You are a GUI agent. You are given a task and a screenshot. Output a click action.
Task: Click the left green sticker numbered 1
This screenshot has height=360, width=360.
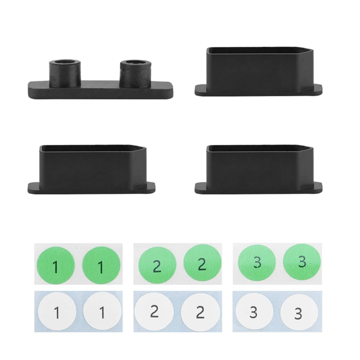56,265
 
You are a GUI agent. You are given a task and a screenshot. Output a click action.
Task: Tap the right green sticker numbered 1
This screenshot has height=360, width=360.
101,265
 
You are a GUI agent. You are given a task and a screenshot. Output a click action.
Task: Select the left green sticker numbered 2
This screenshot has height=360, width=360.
157,265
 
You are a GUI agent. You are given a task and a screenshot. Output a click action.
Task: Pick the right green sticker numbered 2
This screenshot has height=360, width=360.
202,263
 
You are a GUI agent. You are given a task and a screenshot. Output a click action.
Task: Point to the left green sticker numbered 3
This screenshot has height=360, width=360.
257,263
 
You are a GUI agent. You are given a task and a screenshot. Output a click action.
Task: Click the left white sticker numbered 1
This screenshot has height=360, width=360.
57,311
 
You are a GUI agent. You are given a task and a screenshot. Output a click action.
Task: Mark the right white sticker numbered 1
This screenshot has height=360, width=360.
103,311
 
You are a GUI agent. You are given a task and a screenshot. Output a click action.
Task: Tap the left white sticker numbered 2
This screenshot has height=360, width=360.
154,311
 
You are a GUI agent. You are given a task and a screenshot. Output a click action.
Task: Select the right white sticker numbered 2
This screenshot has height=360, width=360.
200,312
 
